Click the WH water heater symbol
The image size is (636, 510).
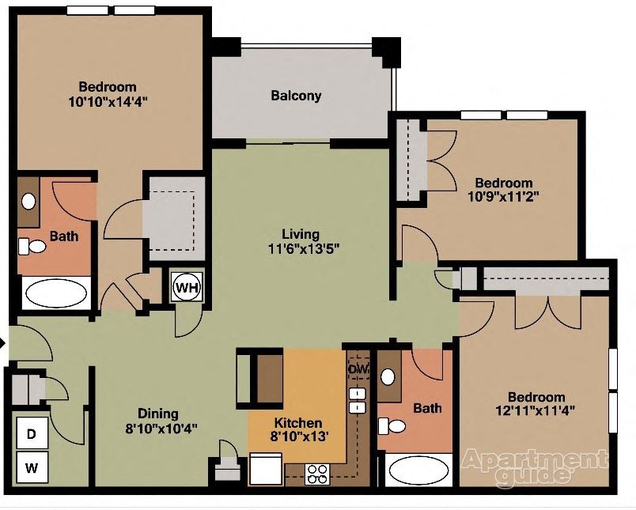(187, 287)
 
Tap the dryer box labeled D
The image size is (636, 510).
(32, 433)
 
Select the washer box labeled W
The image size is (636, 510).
(32, 467)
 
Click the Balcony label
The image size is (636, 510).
(296, 96)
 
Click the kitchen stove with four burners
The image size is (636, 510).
(318, 474)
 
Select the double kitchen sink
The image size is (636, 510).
(358, 400)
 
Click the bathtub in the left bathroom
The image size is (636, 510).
(55, 293)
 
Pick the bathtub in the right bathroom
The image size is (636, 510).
(418, 470)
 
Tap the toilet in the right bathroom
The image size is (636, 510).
(392, 427)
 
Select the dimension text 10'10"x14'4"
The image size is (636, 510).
(108, 101)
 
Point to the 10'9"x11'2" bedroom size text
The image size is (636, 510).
(504, 197)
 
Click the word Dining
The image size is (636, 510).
(158, 414)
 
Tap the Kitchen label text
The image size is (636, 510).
(298, 422)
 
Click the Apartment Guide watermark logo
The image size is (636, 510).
(536, 466)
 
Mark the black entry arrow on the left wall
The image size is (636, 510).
(3, 343)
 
